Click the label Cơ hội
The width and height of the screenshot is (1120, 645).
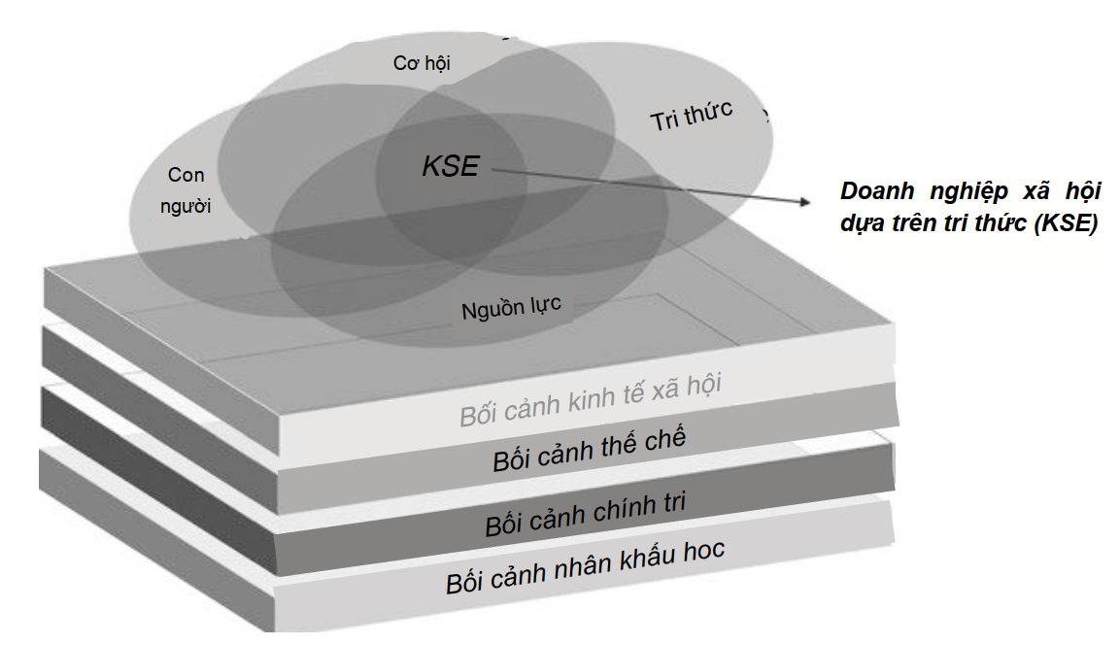[x=422, y=63]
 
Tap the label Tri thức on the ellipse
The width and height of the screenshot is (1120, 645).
[x=692, y=115]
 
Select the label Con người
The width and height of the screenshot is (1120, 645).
[x=186, y=190]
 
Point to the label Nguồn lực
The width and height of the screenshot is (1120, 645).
[x=511, y=308]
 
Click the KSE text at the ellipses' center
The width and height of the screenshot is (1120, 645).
[x=451, y=166]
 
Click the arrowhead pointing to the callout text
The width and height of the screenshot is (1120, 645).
[x=804, y=202]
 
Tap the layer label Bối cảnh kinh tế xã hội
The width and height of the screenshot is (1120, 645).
[x=590, y=400]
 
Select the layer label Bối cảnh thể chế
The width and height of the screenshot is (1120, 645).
[x=590, y=449]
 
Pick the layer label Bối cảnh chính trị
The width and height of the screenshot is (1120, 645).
[x=585, y=514]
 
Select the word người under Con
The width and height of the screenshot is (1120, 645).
[x=186, y=207]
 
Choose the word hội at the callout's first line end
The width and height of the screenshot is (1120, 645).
[x=1083, y=191]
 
